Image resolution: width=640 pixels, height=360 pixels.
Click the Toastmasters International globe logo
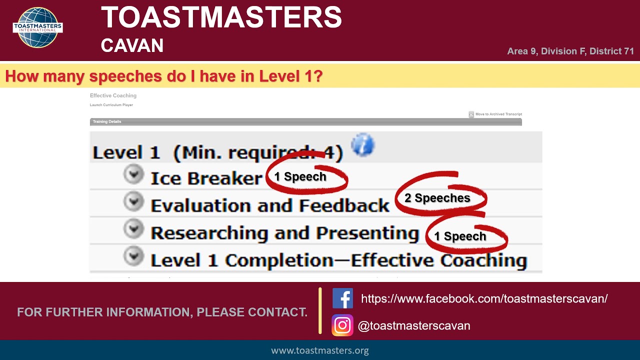tap(37, 27)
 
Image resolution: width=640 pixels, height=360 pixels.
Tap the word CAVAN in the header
tap(132, 45)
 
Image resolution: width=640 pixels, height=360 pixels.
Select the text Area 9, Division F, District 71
tap(570, 51)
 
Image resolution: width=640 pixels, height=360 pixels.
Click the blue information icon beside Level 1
tap(362, 145)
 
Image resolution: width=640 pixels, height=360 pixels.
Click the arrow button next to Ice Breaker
tap(133, 174)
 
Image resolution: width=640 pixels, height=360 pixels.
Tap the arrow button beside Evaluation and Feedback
tap(133, 201)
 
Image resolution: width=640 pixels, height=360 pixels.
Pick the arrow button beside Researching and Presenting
tap(133, 228)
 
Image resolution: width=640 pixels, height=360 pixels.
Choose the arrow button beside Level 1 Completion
tap(133, 256)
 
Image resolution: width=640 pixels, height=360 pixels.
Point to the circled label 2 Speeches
tap(437, 198)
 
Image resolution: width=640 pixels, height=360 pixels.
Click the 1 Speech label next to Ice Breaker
tap(300, 176)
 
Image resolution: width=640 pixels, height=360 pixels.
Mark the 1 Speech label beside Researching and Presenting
tap(460, 236)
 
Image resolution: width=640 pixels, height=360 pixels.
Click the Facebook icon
tap(342, 298)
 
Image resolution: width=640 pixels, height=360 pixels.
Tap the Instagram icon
tap(342, 325)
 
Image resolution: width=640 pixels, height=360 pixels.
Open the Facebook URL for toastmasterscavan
tap(484, 299)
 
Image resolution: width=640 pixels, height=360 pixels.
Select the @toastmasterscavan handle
tap(414, 326)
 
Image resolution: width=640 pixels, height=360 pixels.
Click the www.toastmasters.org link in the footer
tap(320, 350)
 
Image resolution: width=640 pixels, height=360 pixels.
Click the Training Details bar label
tap(107, 121)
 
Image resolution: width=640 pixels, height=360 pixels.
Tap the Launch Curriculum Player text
tap(111, 105)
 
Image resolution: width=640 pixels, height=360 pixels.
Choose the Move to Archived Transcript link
tap(498, 114)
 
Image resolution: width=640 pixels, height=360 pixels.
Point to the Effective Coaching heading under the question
tap(113, 95)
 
